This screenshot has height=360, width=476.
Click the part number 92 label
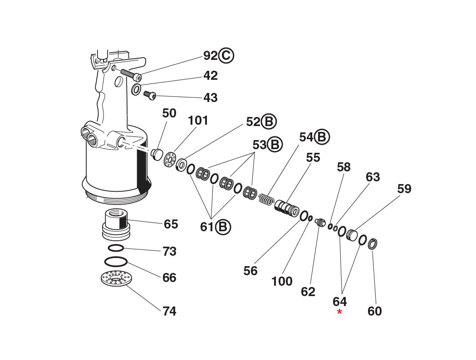210,56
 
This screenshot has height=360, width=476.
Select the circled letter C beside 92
226,56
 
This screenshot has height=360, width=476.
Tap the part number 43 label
210,98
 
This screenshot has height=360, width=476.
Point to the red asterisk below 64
339,312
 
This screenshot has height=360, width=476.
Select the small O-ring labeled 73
116,248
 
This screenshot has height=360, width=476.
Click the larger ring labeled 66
116,262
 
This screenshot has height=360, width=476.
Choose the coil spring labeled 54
266,199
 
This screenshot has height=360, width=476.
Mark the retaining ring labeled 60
373,243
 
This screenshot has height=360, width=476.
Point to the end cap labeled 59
352,235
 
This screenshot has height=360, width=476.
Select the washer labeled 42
136,89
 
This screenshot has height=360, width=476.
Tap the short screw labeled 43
150,95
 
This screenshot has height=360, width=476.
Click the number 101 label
198,121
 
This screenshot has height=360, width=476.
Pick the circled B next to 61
223,227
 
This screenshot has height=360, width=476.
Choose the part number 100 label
282,282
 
